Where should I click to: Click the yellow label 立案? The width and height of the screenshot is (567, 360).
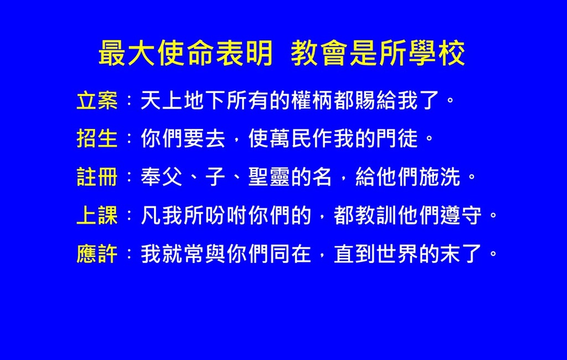pyautogui.click(x=97, y=101)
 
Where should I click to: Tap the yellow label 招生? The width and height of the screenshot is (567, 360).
pyautogui.click(x=97, y=138)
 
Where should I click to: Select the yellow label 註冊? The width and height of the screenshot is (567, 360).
pyautogui.click(x=97, y=177)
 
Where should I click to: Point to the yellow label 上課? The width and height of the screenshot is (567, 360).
pyautogui.click(x=97, y=215)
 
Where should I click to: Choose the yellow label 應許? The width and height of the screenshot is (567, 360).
pyautogui.click(x=97, y=254)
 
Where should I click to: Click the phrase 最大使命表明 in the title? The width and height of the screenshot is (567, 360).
pyautogui.click(x=185, y=53)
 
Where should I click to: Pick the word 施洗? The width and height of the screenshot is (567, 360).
pyautogui.click(x=440, y=177)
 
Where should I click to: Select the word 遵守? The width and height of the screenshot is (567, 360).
pyautogui.click(x=461, y=215)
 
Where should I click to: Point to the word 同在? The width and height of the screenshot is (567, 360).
pyautogui.click(x=290, y=254)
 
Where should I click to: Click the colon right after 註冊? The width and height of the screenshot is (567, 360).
pyautogui.click(x=129, y=177)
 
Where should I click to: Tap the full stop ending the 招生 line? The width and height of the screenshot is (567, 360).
pyautogui.click(x=430, y=139)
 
